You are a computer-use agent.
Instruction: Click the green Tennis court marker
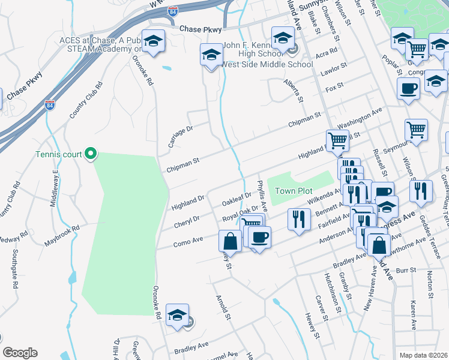pos(91,154)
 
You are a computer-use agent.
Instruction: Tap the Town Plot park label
pos(291,191)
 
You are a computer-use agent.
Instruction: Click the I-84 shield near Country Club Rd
pos(50,106)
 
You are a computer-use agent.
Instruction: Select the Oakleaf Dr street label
pos(237,198)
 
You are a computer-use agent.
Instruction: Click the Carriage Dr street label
pos(179,137)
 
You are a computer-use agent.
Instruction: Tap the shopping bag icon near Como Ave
pos(231,242)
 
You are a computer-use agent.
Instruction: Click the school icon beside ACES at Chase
pos(154,41)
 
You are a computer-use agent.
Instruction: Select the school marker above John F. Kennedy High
pos(283,38)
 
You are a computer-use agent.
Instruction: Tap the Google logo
pos(20,353)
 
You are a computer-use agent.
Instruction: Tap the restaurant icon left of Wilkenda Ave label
pos(298,218)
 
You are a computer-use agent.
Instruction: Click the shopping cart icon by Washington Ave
pos(338,141)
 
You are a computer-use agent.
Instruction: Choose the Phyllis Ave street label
pos(262,193)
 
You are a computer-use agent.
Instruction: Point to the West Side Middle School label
pos(267,64)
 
